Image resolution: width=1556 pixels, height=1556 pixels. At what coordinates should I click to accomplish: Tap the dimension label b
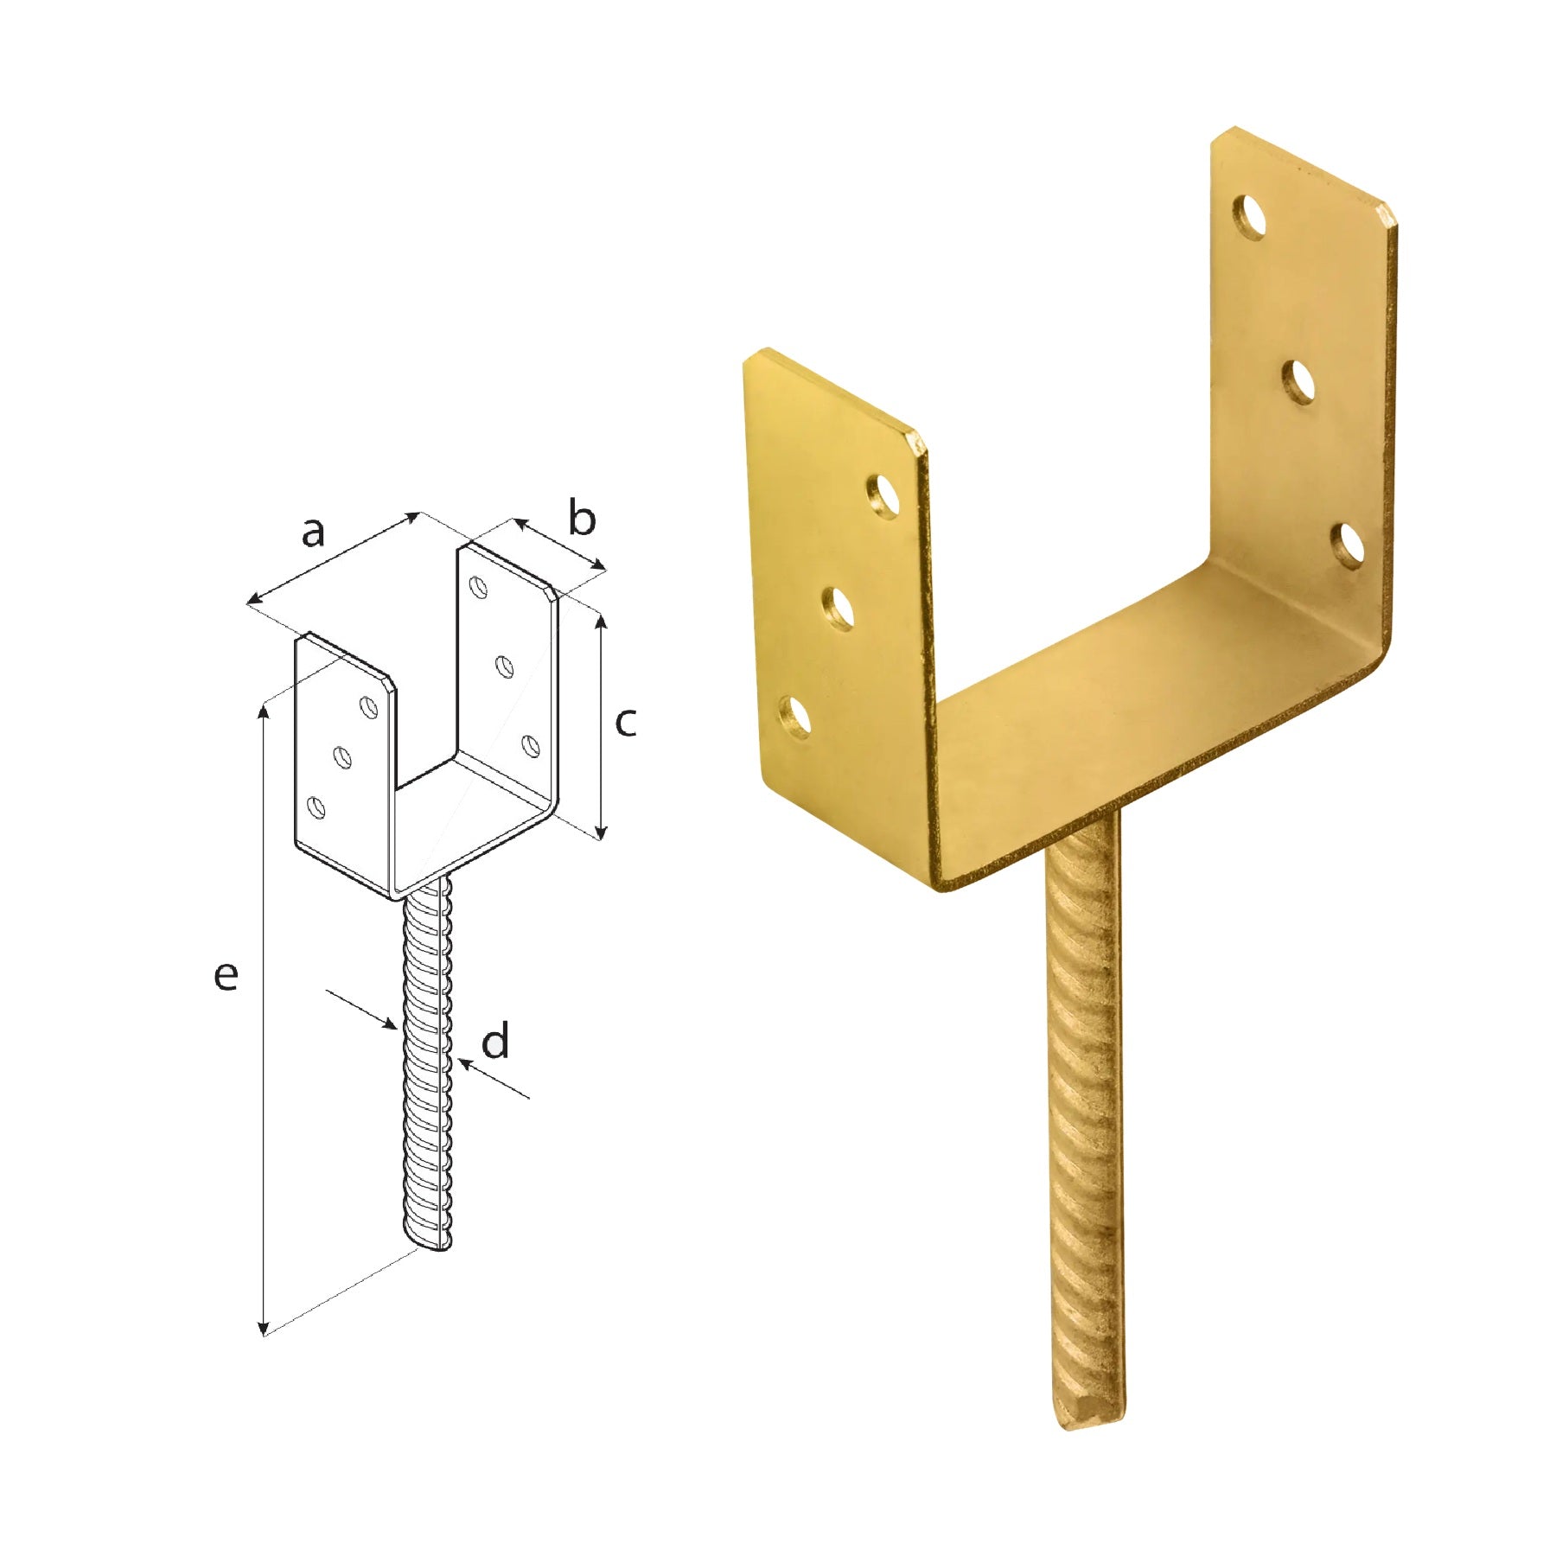(583, 518)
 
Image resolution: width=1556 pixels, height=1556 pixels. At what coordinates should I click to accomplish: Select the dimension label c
(626, 722)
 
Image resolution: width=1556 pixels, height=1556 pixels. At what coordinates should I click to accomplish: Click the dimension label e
(226, 976)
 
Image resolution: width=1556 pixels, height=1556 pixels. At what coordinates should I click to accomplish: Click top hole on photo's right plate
(1250, 217)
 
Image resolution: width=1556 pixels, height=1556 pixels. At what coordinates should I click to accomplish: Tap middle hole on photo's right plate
(1299, 381)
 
